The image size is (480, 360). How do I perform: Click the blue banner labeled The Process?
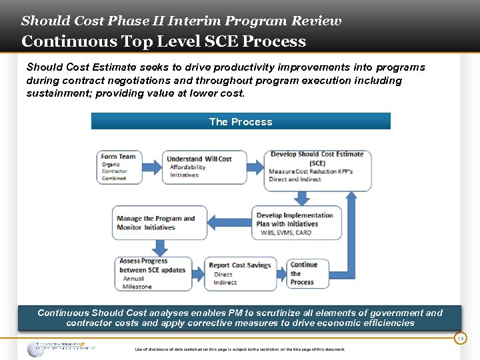241,121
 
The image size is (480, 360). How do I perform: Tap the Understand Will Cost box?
205,167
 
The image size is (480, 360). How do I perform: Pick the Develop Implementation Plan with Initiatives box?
297,223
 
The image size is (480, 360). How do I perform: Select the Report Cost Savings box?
240,273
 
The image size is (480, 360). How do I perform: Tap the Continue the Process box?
308,273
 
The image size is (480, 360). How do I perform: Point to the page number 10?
460,339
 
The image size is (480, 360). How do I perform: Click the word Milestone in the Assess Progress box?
137,287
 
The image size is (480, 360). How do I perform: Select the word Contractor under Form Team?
114,171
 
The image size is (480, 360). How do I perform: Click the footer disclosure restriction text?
240,349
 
